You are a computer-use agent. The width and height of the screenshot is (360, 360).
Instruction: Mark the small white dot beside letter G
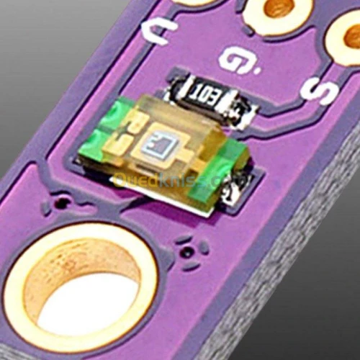coord(257,72)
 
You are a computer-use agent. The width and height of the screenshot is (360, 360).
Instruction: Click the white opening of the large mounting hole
coord(86,302)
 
